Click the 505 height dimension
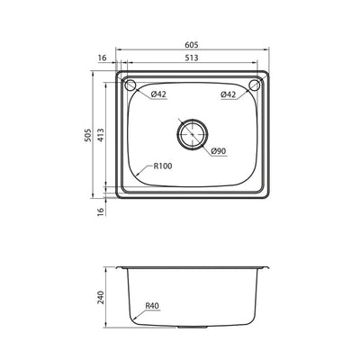(87, 134)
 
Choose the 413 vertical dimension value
(103, 134)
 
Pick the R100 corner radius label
(163, 166)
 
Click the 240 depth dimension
(103, 297)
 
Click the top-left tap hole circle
(131, 86)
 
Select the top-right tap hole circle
(255, 86)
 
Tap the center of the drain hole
(192, 133)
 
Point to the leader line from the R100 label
(139, 171)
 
